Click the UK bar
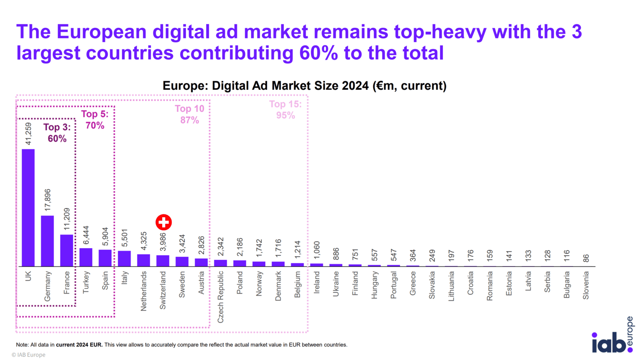coord(28,208)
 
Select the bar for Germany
coord(47,241)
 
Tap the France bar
coord(66,250)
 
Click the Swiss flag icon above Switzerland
coord(164,222)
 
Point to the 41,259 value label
coord(28,134)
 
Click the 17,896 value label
coord(47,200)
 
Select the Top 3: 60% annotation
coord(57,133)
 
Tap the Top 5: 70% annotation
coord(95,119)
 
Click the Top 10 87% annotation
coord(190,114)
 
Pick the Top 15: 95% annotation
coord(285,109)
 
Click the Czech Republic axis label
coord(221,297)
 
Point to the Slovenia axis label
coord(586,285)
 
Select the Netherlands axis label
coord(144,291)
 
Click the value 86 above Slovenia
coord(586,258)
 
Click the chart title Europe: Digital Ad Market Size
coord(304,86)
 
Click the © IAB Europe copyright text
coord(29,355)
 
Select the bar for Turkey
coord(86,257)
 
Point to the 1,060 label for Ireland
coord(317,250)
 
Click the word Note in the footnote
coord(22,345)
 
